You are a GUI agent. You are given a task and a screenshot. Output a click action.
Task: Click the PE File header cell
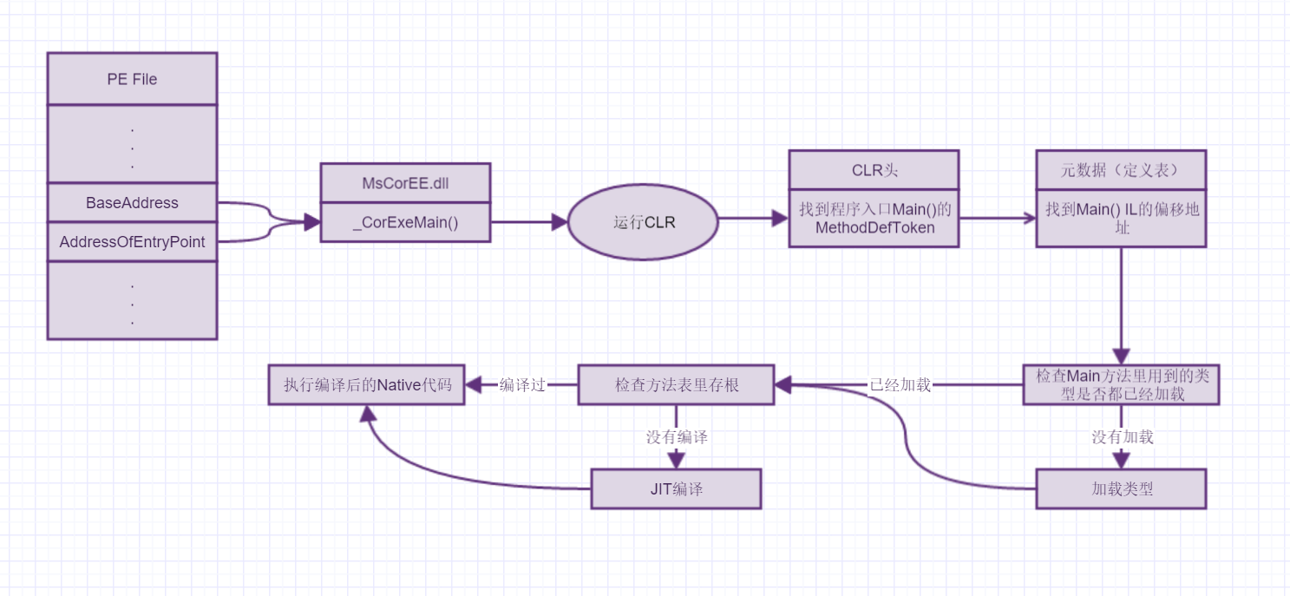132,79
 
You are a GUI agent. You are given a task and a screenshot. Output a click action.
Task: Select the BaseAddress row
132,203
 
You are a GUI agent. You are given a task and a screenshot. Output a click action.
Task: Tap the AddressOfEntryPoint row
132,242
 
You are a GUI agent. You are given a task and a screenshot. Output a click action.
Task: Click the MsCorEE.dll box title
405,183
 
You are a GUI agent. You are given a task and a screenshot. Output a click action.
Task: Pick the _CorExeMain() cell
405,222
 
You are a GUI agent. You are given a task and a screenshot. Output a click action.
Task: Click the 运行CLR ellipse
643,222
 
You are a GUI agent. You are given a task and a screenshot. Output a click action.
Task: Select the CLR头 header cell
874,170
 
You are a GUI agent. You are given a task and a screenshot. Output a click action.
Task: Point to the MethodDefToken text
874,227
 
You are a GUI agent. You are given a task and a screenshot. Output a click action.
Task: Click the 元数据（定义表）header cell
1120,170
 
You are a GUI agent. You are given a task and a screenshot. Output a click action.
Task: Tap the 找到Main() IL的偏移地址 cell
1120,218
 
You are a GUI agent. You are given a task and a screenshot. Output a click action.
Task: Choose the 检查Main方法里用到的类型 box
1121,384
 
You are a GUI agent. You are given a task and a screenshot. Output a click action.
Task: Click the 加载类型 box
1121,488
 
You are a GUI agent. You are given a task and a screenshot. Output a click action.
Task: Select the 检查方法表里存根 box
676,384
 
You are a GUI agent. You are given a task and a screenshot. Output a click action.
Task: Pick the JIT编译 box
676,488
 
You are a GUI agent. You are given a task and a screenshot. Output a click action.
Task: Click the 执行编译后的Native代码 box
366,385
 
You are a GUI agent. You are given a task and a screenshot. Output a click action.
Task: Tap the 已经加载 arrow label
900,385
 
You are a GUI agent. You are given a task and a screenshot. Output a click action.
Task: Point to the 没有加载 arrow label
1122,436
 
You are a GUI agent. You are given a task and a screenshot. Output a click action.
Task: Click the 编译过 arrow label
522,385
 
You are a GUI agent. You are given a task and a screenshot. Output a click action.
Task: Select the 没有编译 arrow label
677,436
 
